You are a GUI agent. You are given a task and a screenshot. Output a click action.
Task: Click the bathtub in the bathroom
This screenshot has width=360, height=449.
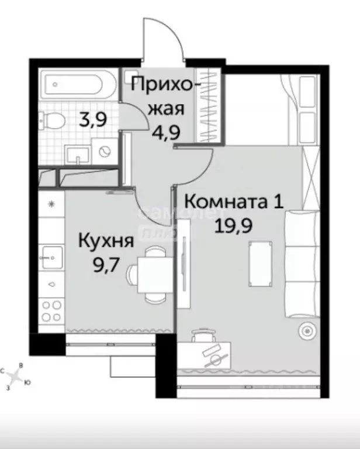click(75, 87)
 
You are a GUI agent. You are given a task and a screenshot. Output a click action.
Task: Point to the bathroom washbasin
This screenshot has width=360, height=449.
click(77, 154)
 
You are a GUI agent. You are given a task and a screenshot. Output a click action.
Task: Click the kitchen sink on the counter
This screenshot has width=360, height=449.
click(51, 255)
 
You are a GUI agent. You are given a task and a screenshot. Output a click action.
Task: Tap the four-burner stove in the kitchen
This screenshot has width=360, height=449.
click(51, 309)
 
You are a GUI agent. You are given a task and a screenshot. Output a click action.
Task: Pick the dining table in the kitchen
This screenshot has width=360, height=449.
click(153, 272)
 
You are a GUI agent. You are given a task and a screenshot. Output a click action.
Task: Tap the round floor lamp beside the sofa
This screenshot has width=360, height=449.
click(306, 331)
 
